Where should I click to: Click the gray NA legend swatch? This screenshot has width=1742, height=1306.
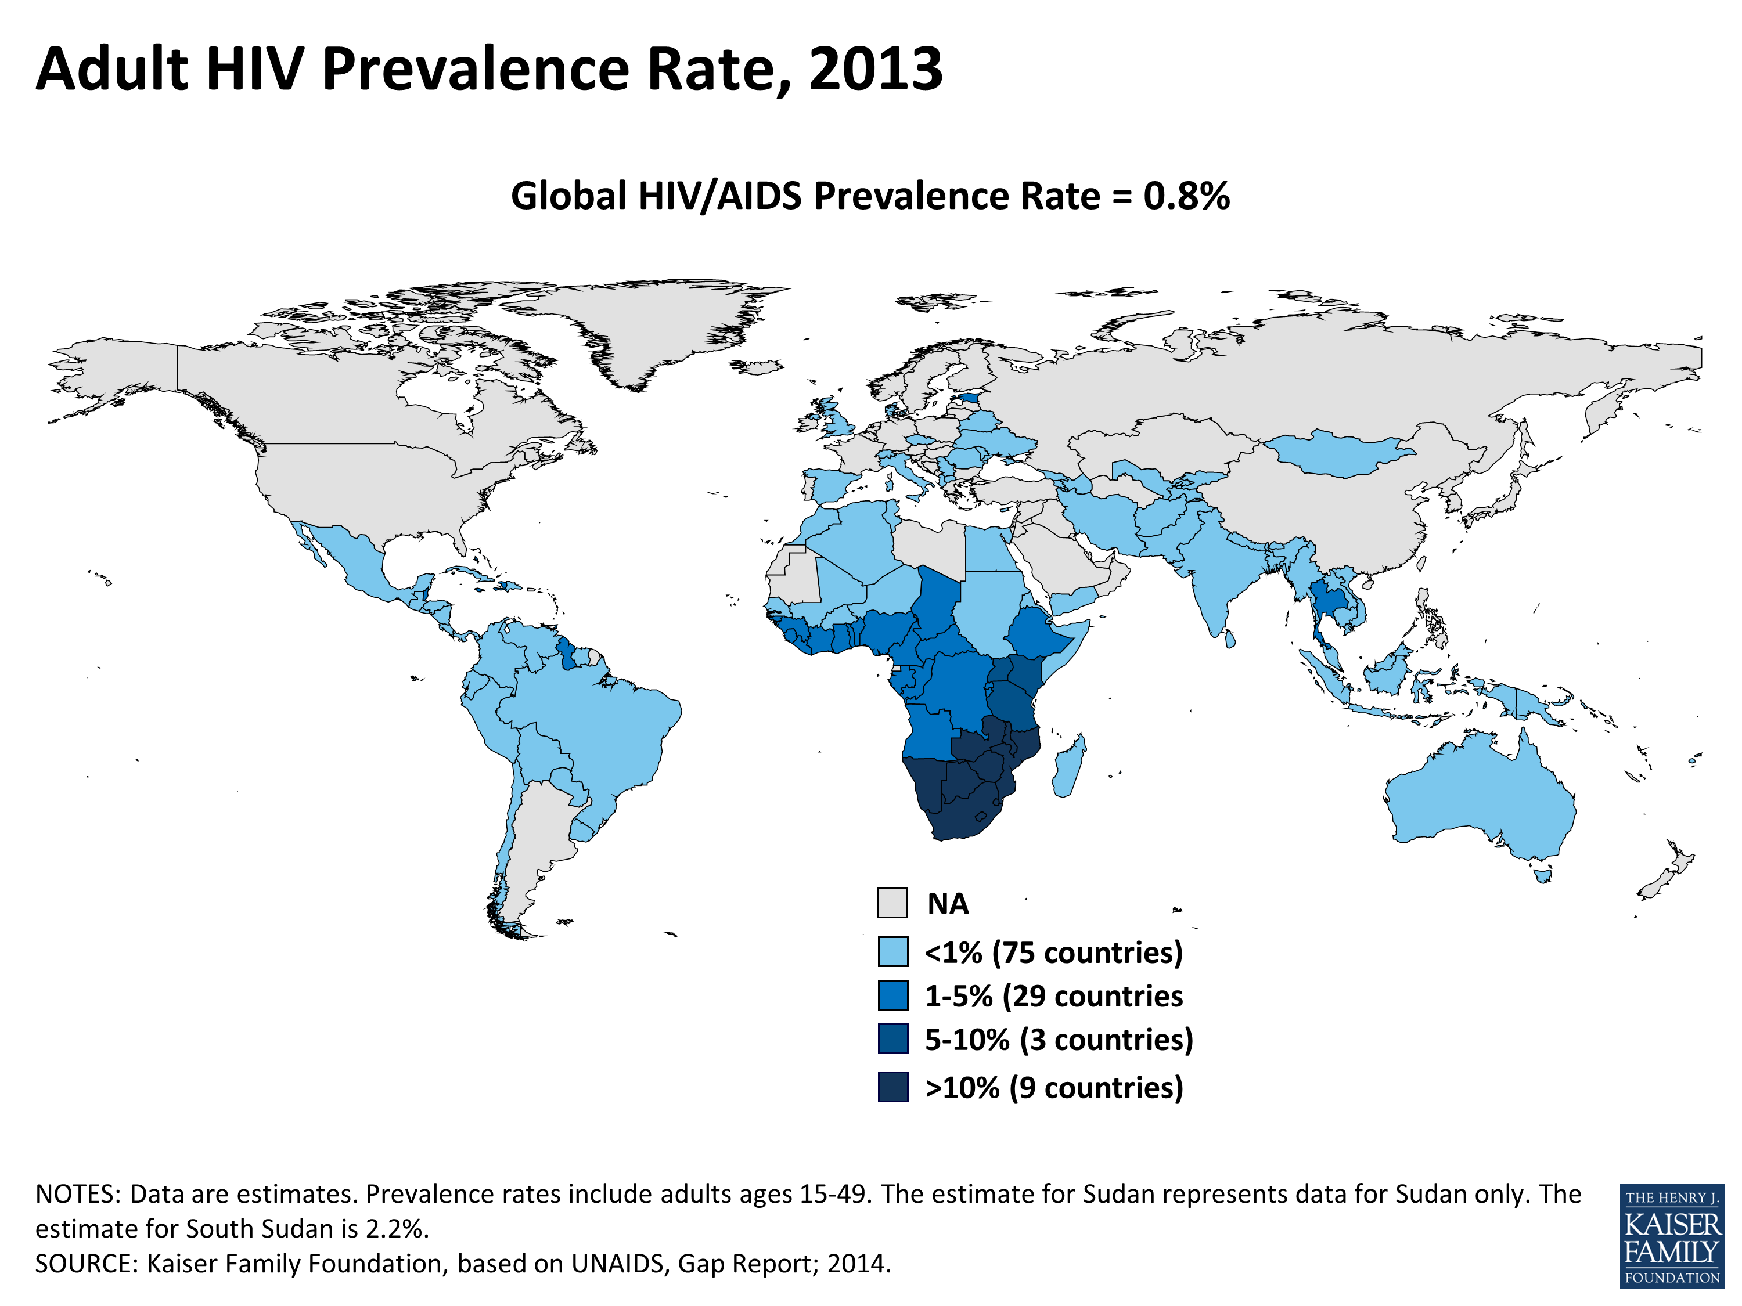(892, 903)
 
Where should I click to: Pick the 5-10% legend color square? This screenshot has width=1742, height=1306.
(892, 1038)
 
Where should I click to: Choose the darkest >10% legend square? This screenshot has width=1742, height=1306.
(892, 1087)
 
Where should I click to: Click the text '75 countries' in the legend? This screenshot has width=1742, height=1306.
(1087, 953)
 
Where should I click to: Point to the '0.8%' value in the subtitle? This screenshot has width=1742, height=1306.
(1186, 196)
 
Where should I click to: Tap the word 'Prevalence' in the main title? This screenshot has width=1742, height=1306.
(475, 69)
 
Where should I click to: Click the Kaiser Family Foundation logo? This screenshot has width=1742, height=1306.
(1672, 1236)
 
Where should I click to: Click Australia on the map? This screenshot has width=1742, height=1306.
(1481, 795)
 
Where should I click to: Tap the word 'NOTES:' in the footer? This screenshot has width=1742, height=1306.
(77, 1194)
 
